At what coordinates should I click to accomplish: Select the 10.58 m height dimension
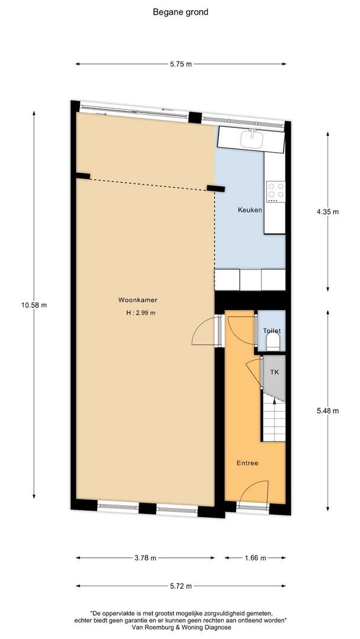pyautogui.click(x=34, y=305)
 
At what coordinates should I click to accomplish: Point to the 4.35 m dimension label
pyautogui.click(x=327, y=211)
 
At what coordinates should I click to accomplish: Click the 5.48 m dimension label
pyautogui.click(x=327, y=410)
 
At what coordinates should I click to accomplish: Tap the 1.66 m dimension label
pyautogui.click(x=255, y=557)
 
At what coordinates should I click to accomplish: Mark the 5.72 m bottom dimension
pyautogui.click(x=180, y=586)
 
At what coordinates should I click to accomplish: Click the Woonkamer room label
pyautogui.click(x=133, y=300)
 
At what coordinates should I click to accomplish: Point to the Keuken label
pyautogui.click(x=249, y=210)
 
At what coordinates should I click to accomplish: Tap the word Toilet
pyautogui.click(x=271, y=331)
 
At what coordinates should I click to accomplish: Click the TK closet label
pyautogui.click(x=274, y=372)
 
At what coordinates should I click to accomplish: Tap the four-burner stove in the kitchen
pyautogui.click(x=276, y=190)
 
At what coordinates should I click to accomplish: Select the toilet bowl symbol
pyautogui.click(x=274, y=342)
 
